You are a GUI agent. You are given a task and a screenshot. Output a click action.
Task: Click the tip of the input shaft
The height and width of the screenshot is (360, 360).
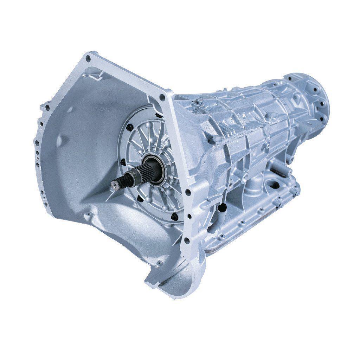click(114, 184)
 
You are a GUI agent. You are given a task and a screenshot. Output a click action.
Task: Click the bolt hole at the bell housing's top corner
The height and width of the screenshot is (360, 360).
click(88, 59)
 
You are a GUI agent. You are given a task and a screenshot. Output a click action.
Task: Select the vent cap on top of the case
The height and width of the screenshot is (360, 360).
click(199, 102)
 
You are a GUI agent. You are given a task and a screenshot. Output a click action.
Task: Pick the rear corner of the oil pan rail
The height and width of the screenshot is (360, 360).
click(297, 192)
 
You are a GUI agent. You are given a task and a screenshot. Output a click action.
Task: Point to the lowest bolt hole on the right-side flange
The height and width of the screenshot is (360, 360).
click(187, 241)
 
